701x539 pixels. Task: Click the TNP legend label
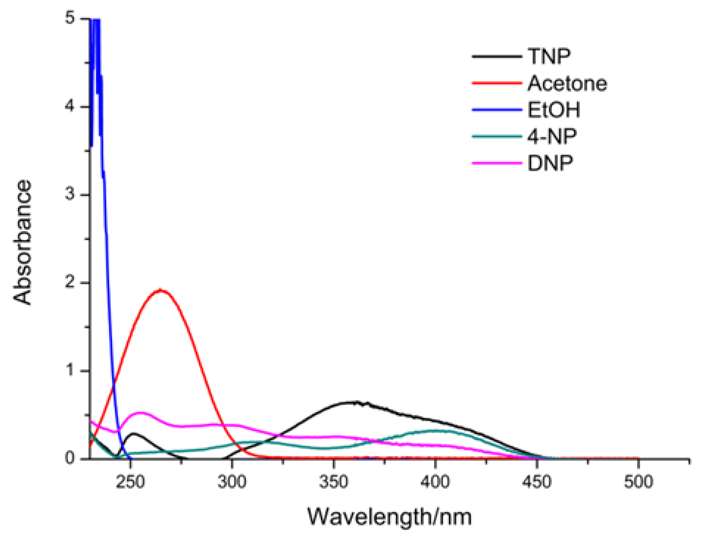[x=548, y=57]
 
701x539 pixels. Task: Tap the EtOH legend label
[x=553, y=110]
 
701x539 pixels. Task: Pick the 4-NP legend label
[x=551, y=137]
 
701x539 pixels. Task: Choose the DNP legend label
[x=550, y=163]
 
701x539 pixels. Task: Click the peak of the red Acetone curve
[x=160, y=290]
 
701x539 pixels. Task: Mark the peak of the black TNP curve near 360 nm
[x=354, y=402]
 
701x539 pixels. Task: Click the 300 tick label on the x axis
[x=232, y=481]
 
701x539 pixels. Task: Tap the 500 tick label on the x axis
[x=638, y=481]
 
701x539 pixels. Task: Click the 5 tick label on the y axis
[x=70, y=18]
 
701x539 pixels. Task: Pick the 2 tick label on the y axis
[x=70, y=282]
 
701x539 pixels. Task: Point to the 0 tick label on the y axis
[x=70, y=458]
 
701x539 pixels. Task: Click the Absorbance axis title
[x=23, y=242]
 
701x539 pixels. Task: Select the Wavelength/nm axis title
[x=389, y=517]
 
